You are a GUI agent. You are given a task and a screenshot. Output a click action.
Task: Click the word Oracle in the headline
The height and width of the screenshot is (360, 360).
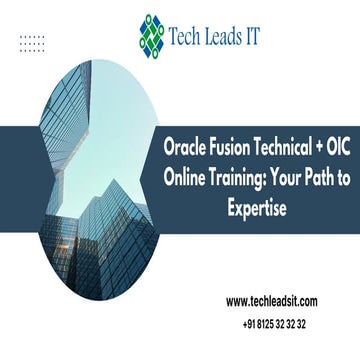coord(188,146)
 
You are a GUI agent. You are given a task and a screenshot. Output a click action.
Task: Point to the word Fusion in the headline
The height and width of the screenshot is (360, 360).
coord(234,146)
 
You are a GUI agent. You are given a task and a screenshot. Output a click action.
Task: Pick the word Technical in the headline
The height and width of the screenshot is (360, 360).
coord(288,146)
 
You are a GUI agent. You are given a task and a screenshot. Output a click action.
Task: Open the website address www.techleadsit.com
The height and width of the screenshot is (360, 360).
coord(273,301)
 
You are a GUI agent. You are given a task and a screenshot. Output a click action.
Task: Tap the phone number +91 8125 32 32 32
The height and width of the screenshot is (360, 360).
coord(273,324)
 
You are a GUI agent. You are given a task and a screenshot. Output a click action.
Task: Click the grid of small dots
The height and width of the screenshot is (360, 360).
coord(32,43)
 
